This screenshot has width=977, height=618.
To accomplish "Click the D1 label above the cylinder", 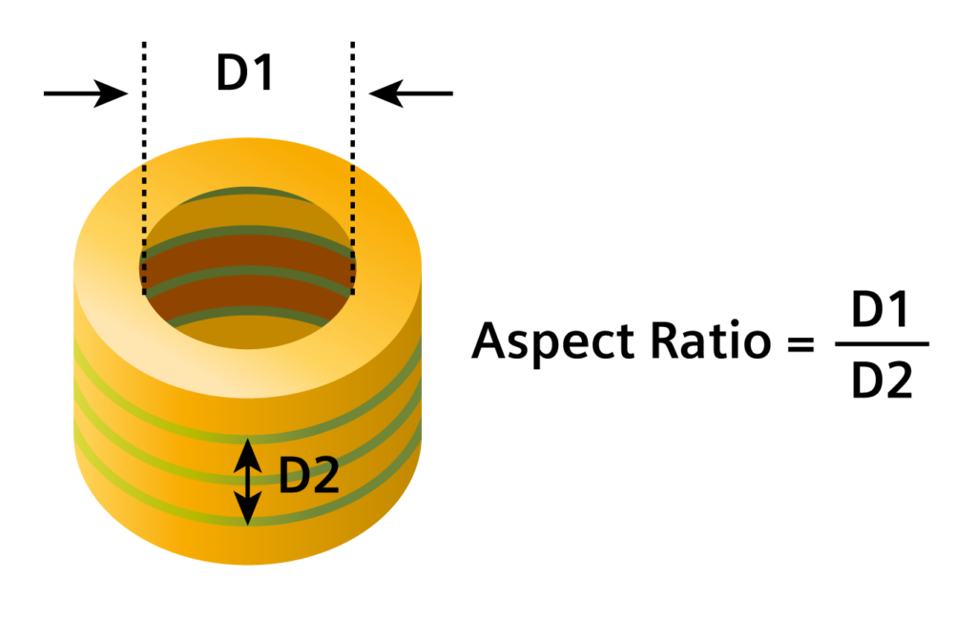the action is (x=244, y=72).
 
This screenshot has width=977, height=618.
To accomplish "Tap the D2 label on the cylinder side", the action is (x=308, y=475).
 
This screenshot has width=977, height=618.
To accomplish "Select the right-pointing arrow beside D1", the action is (x=86, y=93).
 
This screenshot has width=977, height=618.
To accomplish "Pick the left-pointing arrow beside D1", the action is (x=410, y=93).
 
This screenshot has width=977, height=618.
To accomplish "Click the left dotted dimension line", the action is (x=144, y=168).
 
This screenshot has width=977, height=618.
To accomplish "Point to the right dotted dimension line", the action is (x=353, y=168).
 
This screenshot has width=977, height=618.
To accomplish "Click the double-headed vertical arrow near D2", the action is (x=248, y=482).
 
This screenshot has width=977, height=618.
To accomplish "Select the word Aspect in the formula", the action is (x=552, y=341).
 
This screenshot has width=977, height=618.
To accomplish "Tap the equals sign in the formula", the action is (x=800, y=343).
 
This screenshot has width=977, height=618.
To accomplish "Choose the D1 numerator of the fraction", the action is (x=880, y=309).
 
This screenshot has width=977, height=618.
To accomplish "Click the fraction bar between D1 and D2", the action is (x=882, y=344).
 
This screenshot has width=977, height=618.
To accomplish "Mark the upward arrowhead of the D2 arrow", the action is (x=248, y=454).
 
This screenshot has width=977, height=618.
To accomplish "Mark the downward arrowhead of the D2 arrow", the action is (x=248, y=509).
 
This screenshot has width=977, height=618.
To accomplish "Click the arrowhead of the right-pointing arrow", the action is (x=113, y=93).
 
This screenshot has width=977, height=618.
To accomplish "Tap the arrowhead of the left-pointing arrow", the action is (x=386, y=93).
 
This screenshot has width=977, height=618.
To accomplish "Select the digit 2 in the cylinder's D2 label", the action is (x=324, y=475).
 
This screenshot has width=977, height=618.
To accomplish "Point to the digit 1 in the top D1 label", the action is (x=263, y=72).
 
